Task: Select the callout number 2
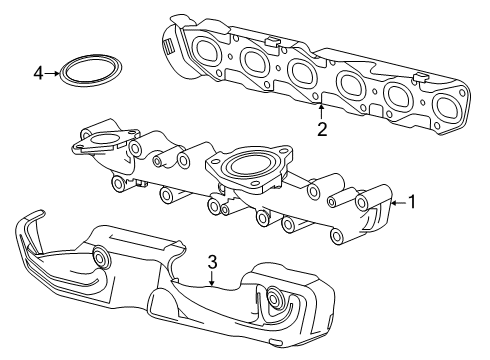(321, 128)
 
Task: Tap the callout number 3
(212, 263)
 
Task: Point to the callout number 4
(38, 73)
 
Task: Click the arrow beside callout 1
(399, 203)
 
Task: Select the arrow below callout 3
(212, 280)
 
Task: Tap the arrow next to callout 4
(53, 73)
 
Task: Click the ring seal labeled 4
(84, 73)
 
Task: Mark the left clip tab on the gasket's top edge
(273, 41)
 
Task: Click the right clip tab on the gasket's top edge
(421, 76)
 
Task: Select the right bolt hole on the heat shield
(274, 297)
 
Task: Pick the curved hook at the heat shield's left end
(29, 230)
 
